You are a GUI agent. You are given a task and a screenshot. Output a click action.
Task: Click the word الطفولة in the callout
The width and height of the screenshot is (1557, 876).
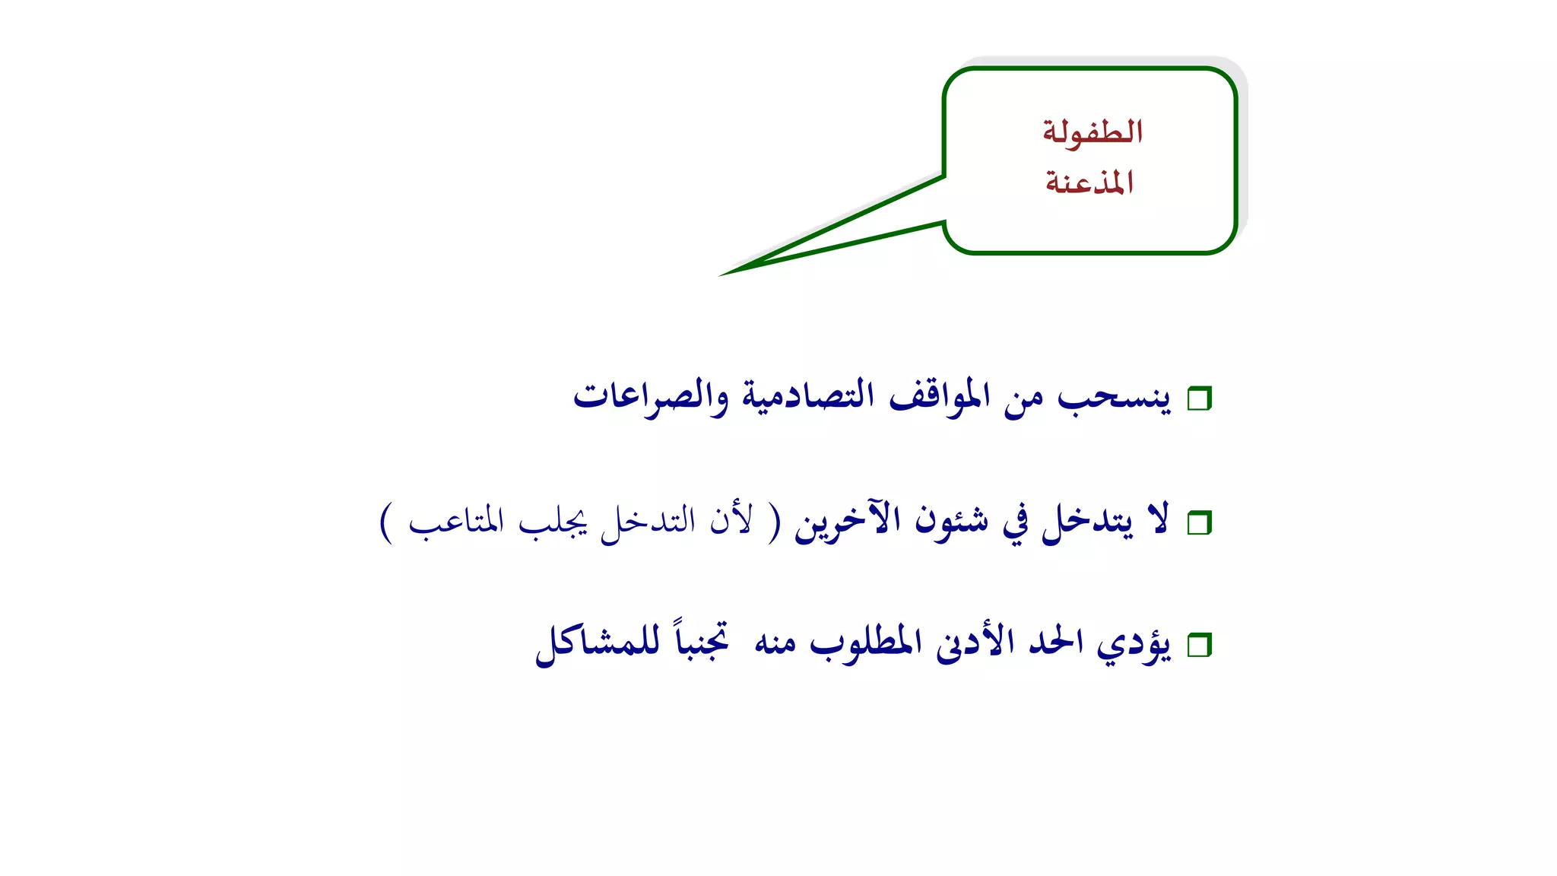pos(1092,132)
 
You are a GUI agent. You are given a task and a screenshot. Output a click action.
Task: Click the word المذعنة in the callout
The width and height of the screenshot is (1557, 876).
pos(1089,182)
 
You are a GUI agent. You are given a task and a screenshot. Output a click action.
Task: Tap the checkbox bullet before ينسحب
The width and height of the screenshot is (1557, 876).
pos(1199,398)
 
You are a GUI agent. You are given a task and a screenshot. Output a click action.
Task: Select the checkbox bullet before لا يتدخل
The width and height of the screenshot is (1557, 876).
pos(1199,523)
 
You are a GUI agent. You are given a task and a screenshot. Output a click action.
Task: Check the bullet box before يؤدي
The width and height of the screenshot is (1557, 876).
pos(1199,646)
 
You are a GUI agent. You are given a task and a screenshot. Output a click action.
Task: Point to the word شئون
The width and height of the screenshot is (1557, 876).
pos(952,522)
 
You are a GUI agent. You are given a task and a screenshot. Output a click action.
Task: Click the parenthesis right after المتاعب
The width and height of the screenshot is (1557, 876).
pos(387,523)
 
